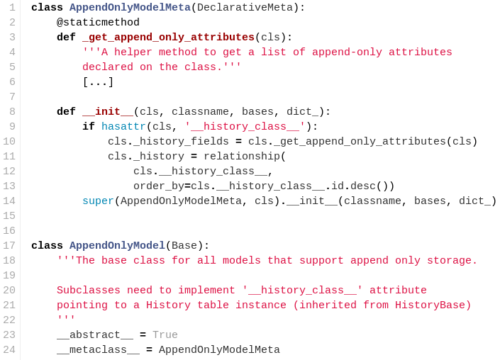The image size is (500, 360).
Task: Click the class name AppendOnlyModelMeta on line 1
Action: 130,8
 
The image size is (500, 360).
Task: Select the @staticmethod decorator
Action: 98,23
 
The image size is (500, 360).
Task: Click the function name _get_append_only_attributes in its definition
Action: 168,38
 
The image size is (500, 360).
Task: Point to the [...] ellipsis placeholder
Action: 98,82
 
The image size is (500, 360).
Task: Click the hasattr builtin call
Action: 123,127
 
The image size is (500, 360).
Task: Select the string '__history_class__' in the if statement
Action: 245,127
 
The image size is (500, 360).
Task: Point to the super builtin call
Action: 98,201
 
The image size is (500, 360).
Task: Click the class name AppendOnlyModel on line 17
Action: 117,246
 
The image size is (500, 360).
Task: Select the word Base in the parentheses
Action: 184,246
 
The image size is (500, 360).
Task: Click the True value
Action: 165,335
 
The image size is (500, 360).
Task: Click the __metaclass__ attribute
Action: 98,350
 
